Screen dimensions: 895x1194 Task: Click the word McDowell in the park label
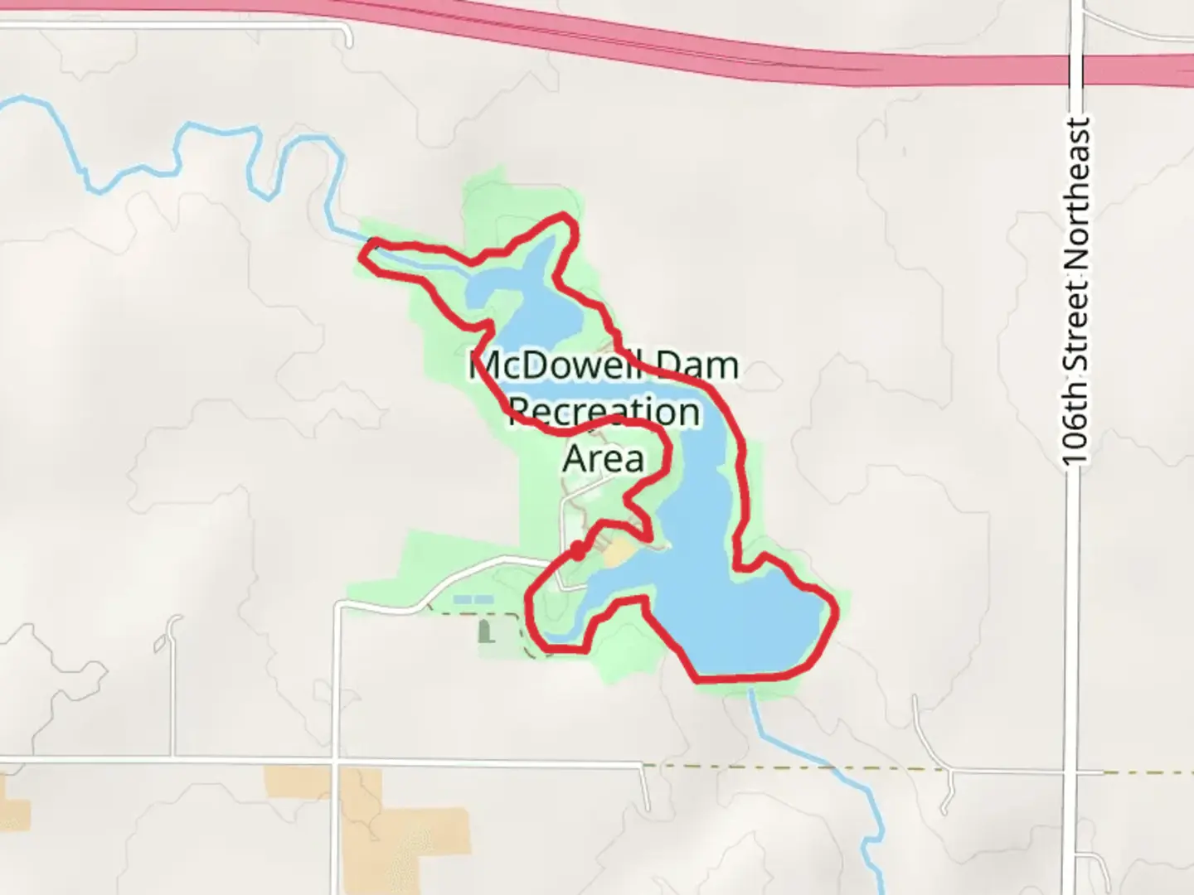click(x=546, y=366)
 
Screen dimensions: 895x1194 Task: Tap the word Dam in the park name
click(x=696, y=366)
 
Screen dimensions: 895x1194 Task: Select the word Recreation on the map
click(x=604, y=412)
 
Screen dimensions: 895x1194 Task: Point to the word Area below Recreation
click(x=603, y=457)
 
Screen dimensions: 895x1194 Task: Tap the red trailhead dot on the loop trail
click(x=577, y=550)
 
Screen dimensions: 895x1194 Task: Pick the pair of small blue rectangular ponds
click(x=471, y=598)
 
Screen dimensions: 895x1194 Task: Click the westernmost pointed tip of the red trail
click(x=362, y=254)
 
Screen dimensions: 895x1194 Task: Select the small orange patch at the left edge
click(x=12, y=800)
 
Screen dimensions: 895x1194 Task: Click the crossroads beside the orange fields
click(x=335, y=759)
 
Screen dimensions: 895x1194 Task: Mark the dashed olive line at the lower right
click(x=912, y=768)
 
